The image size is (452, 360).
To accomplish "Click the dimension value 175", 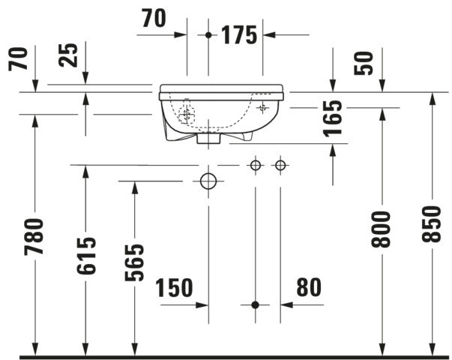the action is point(238,35).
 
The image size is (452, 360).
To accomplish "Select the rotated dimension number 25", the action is point(68,55).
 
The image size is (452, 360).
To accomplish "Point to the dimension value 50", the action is point(364,63).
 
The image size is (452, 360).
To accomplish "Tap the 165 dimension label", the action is point(332,118).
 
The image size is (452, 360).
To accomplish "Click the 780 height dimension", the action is point(34,237).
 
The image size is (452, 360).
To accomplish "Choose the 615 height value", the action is point(86,256).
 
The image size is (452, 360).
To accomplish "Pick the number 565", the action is point(134,262).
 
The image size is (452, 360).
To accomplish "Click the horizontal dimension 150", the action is point(174,287).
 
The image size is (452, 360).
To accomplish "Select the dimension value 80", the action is point(309,287).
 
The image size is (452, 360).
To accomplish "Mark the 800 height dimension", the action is point(381,229).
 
